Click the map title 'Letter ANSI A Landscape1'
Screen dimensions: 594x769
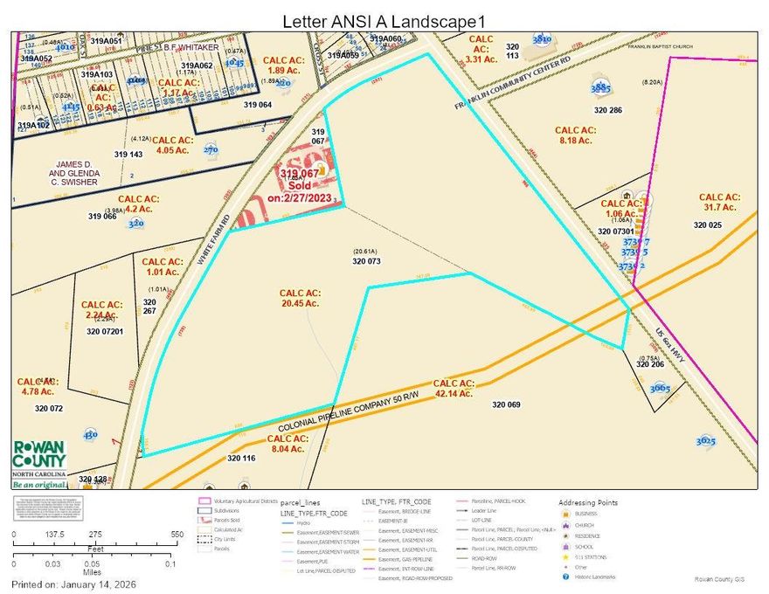[384, 19]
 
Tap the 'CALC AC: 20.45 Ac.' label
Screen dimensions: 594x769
[300, 299]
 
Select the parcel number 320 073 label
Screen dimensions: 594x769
[368, 260]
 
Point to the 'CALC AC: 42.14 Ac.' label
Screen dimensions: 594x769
[453, 389]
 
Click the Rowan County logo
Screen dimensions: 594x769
[38, 462]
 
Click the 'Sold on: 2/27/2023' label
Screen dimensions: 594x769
[301, 185]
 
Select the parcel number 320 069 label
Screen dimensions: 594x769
[506, 404]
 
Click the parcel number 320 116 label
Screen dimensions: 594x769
[241, 458]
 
